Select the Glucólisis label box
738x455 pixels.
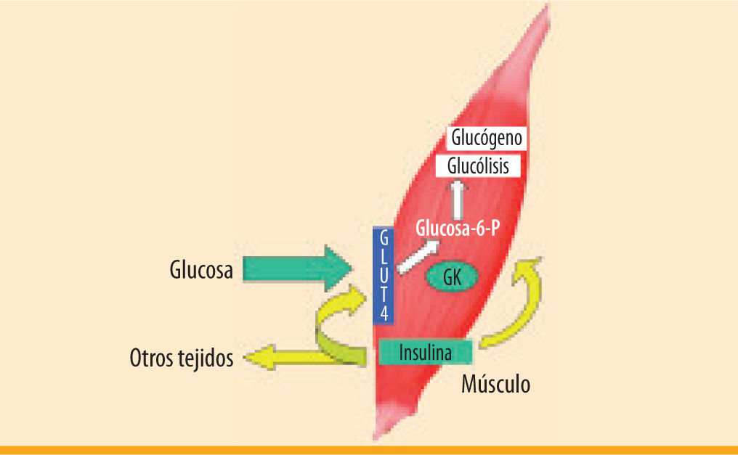click(478, 167)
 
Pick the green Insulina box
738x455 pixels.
click(426, 353)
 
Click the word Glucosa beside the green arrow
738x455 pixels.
click(201, 271)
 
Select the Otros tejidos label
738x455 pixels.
click(182, 358)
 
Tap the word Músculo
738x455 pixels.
click(495, 384)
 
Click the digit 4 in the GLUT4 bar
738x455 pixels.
click(383, 313)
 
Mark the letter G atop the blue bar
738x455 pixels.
click(383, 236)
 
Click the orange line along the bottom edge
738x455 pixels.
click(369, 450)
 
